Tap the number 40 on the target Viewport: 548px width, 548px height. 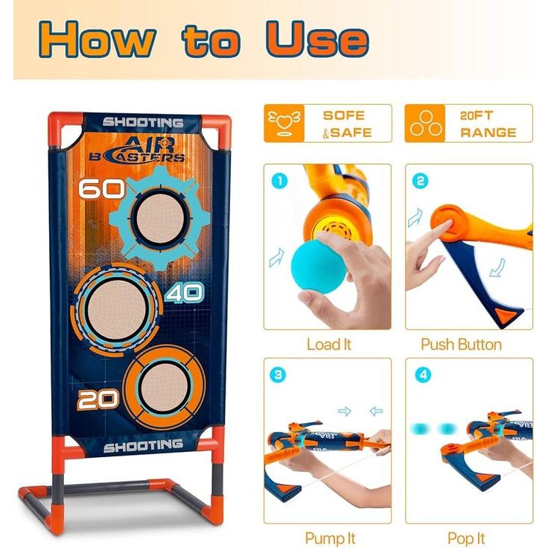coord(183,293)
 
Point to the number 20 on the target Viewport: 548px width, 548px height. coord(98,400)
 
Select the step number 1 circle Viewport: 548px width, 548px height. coord(279,180)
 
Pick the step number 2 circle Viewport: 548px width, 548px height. coord(422,180)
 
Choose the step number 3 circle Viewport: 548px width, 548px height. coord(279,375)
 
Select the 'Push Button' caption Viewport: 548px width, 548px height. coord(461,345)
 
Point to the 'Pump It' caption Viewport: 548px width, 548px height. coord(330,537)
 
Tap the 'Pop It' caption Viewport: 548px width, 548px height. coord(467,537)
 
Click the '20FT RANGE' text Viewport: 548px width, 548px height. coord(488,124)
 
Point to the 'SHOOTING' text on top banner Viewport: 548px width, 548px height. coord(143,122)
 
